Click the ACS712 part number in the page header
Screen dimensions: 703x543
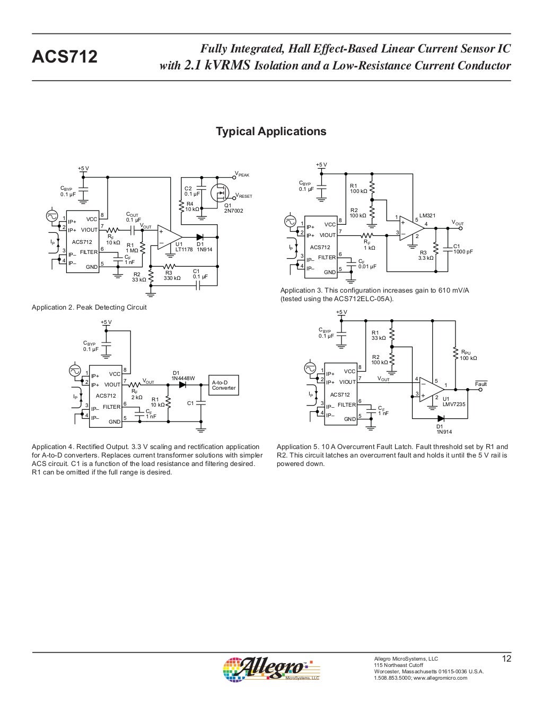point(65,57)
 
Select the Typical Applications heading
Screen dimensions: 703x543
point(271,131)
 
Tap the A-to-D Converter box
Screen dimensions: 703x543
point(224,385)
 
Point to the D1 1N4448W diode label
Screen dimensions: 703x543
point(183,375)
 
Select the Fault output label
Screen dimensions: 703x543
point(480,384)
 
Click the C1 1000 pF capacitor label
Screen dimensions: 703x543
point(462,249)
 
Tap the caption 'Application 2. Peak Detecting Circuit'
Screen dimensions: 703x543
point(89,307)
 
